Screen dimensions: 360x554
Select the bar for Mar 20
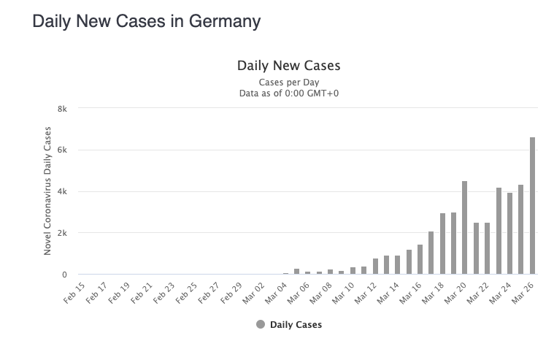(464, 228)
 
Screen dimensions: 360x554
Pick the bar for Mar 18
(442, 244)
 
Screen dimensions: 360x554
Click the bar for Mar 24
(509, 234)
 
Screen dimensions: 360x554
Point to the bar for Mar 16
(420, 259)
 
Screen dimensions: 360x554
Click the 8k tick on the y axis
(62, 109)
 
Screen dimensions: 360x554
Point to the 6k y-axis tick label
(62, 150)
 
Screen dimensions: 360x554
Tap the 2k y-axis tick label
(62, 233)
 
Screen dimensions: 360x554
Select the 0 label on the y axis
(64, 275)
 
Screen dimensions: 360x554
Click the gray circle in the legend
(261, 324)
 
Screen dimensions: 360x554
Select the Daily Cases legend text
(296, 324)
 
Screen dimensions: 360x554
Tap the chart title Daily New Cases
(288, 66)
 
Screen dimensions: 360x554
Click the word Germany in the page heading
(224, 22)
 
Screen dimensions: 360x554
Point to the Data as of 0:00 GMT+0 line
(288, 93)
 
